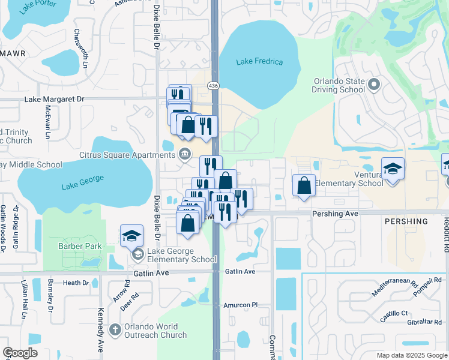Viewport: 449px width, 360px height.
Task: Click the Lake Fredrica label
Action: click(x=259, y=62)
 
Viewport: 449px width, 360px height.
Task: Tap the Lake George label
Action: click(x=83, y=182)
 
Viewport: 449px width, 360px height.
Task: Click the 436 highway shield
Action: click(x=213, y=86)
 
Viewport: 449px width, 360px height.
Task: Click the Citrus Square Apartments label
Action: click(x=127, y=155)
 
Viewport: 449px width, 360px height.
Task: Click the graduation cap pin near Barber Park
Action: click(x=131, y=236)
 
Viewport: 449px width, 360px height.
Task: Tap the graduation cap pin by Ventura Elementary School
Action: click(x=393, y=169)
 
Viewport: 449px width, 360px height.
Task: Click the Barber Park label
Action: click(x=79, y=246)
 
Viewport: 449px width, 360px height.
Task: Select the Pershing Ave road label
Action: click(x=335, y=213)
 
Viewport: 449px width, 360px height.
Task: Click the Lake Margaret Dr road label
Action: click(x=55, y=98)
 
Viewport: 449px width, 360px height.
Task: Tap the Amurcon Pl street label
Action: click(x=240, y=305)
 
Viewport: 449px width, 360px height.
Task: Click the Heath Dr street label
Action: click(x=76, y=283)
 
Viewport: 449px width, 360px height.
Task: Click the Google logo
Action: click(x=20, y=353)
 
